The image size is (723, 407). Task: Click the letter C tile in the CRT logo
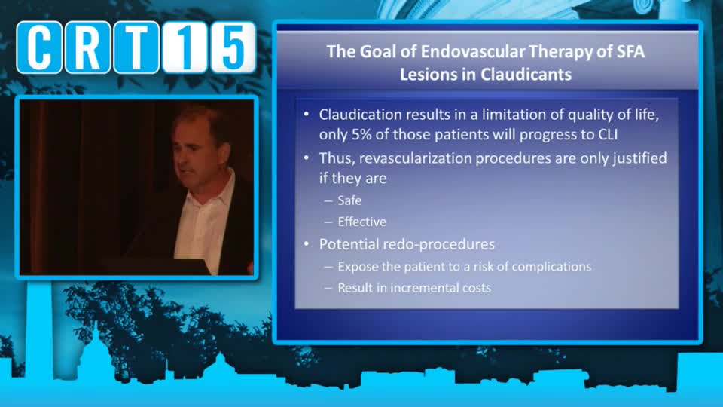pyautogui.click(x=39, y=47)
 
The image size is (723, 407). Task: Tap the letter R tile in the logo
pyautogui.click(x=88, y=47)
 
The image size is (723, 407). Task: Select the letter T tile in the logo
pyautogui.click(x=136, y=47)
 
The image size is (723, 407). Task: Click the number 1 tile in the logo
pyautogui.click(x=185, y=47)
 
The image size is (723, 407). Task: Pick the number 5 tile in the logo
pyautogui.click(x=233, y=47)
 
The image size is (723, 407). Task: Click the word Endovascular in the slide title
pyautogui.click(x=473, y=51)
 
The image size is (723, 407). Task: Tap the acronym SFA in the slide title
pyautogui.click(x=630, y=51)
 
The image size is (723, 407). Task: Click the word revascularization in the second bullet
pyautogui.click(x=416, y=158)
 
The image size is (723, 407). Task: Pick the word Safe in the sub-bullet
pyautogui.click(x=349, y=200)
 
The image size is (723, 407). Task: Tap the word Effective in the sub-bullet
pyautogui.click(x=362, y=222)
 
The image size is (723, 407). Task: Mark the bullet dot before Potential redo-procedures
pyautogui.click(x=307, y=244)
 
